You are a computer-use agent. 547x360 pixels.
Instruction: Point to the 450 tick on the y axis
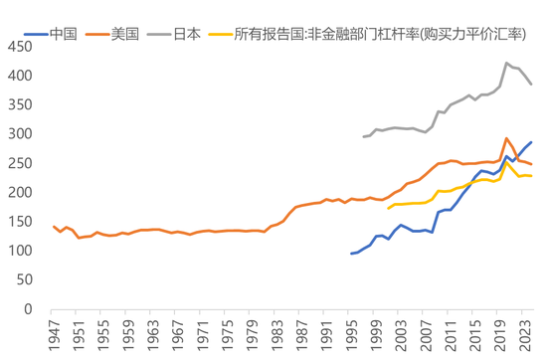(x=21, y=47)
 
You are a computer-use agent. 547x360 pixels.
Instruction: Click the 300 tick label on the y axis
(x=21, y=134)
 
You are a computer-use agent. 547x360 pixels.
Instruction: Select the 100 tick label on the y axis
(x=21, y=251)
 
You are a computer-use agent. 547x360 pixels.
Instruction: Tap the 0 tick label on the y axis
(x=30, y=309)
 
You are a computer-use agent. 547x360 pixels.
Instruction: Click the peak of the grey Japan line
(x=507, y=64)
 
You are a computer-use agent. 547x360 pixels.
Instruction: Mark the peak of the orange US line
(x=507, y=139)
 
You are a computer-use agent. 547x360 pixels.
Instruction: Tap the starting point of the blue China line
(x=351, y=254)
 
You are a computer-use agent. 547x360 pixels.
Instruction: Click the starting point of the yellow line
(x=388, y=209)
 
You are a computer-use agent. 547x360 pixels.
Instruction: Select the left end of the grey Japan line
(x=363, y=136)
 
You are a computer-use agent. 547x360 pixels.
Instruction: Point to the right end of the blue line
(x=531, y=142)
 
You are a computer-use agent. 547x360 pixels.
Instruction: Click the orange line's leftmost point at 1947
(x=53, y=227)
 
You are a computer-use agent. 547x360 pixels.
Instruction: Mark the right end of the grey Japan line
(x=531, y=85)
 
